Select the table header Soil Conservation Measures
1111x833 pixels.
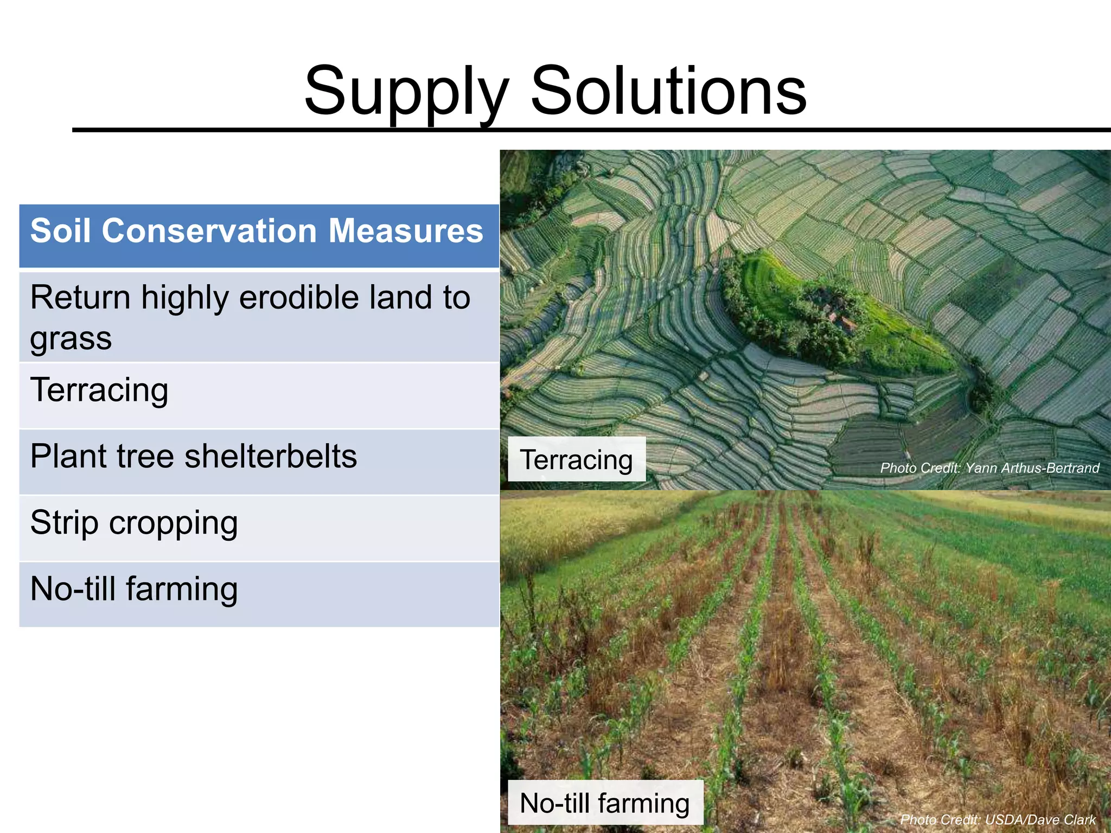click(257, 232)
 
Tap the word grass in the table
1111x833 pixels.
click(71, 338)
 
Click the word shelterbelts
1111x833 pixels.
click(271, 457)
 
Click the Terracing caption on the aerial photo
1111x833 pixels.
click(576, 460)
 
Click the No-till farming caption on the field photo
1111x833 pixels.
click(604, 803)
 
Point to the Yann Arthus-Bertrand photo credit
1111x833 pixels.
click(989, 468)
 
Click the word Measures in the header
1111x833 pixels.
click(405, 232)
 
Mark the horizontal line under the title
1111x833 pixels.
click(591, 130)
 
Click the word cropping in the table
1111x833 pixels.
click(173, 524)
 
